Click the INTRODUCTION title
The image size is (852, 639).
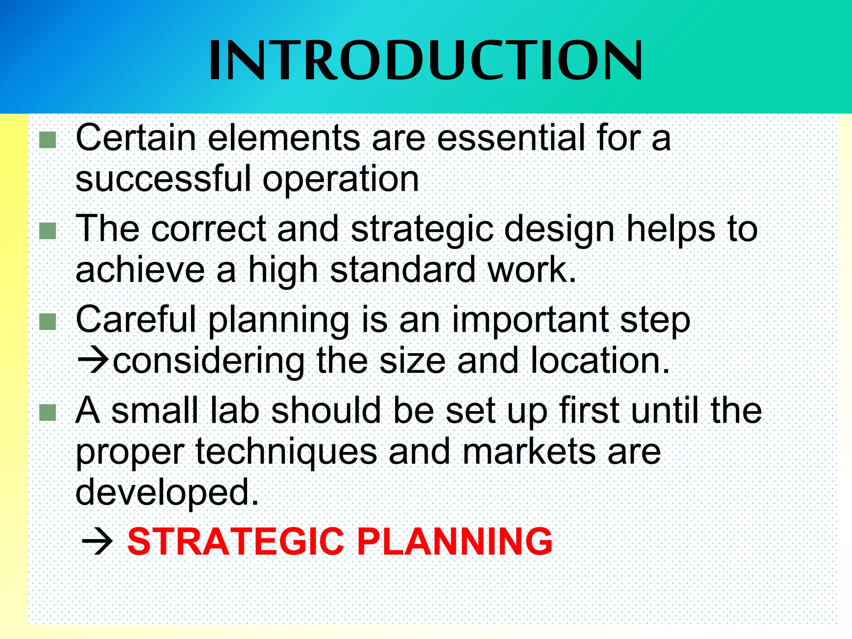pos(426,61)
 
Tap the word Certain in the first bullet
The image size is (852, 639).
pos(136,138)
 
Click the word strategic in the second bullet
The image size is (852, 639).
pos(422,230)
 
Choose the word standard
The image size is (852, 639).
pos(402,270)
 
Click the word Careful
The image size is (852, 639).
pos(136,319)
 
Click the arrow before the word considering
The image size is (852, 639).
pos(93,359)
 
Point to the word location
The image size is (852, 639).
pos(600,360)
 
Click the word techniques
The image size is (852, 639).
pos(286,452)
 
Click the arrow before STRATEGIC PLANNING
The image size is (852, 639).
pos(97,542)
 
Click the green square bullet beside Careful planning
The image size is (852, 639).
pos(48,322)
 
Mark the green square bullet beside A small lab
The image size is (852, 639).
pos(48,412)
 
